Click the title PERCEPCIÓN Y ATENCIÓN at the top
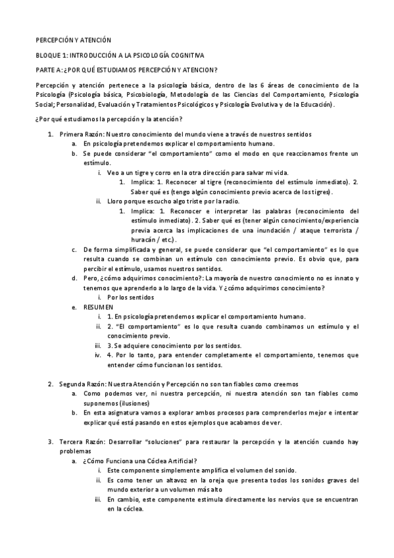(x=74, y=40)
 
